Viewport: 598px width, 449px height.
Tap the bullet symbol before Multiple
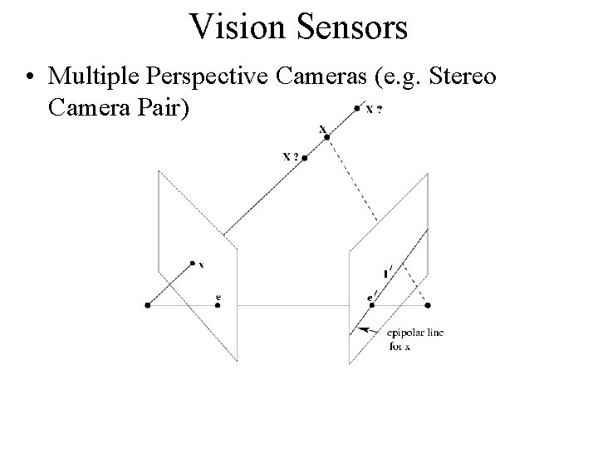pos(31,78)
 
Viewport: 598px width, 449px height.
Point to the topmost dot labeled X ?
pos(357,107)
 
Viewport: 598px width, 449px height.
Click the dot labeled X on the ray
pos(327,136)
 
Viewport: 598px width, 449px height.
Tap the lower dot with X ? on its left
pos(305,157)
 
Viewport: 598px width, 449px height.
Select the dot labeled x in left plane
pos(193,262)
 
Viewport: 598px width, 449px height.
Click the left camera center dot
pos(147,306)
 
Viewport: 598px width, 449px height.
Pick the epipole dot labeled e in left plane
pos(218,306)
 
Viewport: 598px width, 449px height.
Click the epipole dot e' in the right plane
pos(372,306)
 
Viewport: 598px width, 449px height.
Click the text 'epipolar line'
pos(415,333)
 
